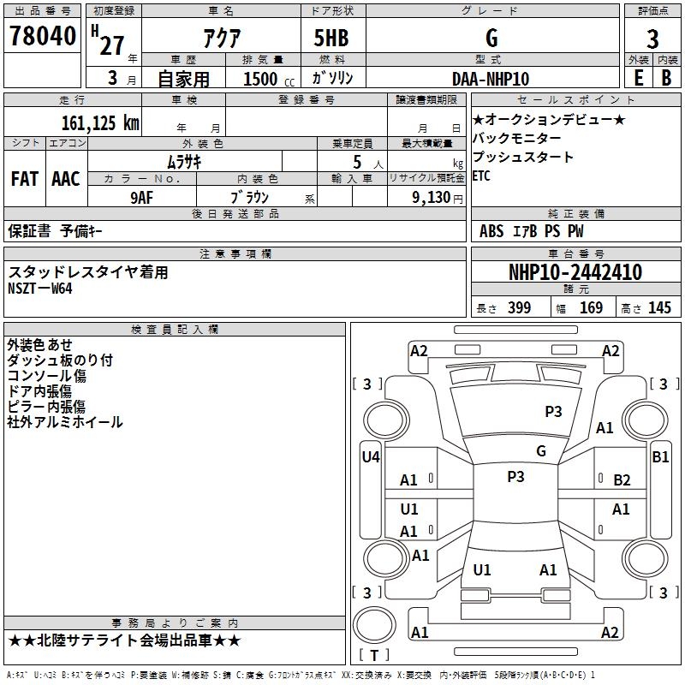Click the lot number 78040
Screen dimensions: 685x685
click(41, 38)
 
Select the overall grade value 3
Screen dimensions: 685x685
click(652, 39)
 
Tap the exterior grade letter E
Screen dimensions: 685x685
click(638, 77)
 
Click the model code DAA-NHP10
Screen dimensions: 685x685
click(491, 79)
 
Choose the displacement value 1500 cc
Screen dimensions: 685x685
click(262, 79)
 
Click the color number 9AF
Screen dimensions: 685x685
click(142, 196)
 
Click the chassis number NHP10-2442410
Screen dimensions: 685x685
click(575, 272)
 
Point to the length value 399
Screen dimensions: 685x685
click(519, 308)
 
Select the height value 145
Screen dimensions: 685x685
click(659, 308)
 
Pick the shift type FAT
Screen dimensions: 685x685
click(24, 179)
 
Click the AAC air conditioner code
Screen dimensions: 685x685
click(65, 179)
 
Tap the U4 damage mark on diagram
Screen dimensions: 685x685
click(370, 457)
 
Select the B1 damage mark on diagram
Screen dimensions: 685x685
click(660, 457)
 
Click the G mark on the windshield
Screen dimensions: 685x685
click(540, 451)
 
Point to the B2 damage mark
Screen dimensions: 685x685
click(622, 480)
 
